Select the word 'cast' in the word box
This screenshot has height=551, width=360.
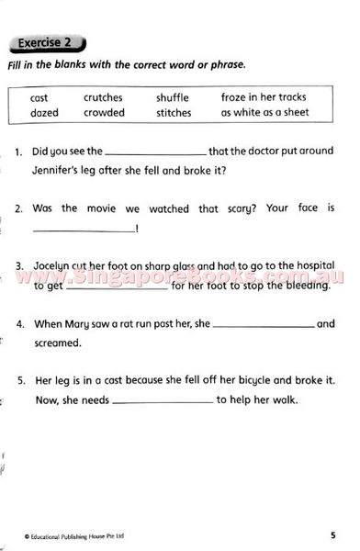(39, 97)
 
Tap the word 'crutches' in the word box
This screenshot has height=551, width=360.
(103, 97)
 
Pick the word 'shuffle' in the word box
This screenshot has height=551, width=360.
(173, 97)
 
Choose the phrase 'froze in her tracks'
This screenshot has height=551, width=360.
(263, 97)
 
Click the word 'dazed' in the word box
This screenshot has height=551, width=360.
(44, 113)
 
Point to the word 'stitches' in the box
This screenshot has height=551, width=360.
(174, 113)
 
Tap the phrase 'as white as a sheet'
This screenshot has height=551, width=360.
(264, 113)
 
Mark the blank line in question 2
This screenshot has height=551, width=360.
(83, 230)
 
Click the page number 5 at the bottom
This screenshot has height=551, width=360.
(332, 534)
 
